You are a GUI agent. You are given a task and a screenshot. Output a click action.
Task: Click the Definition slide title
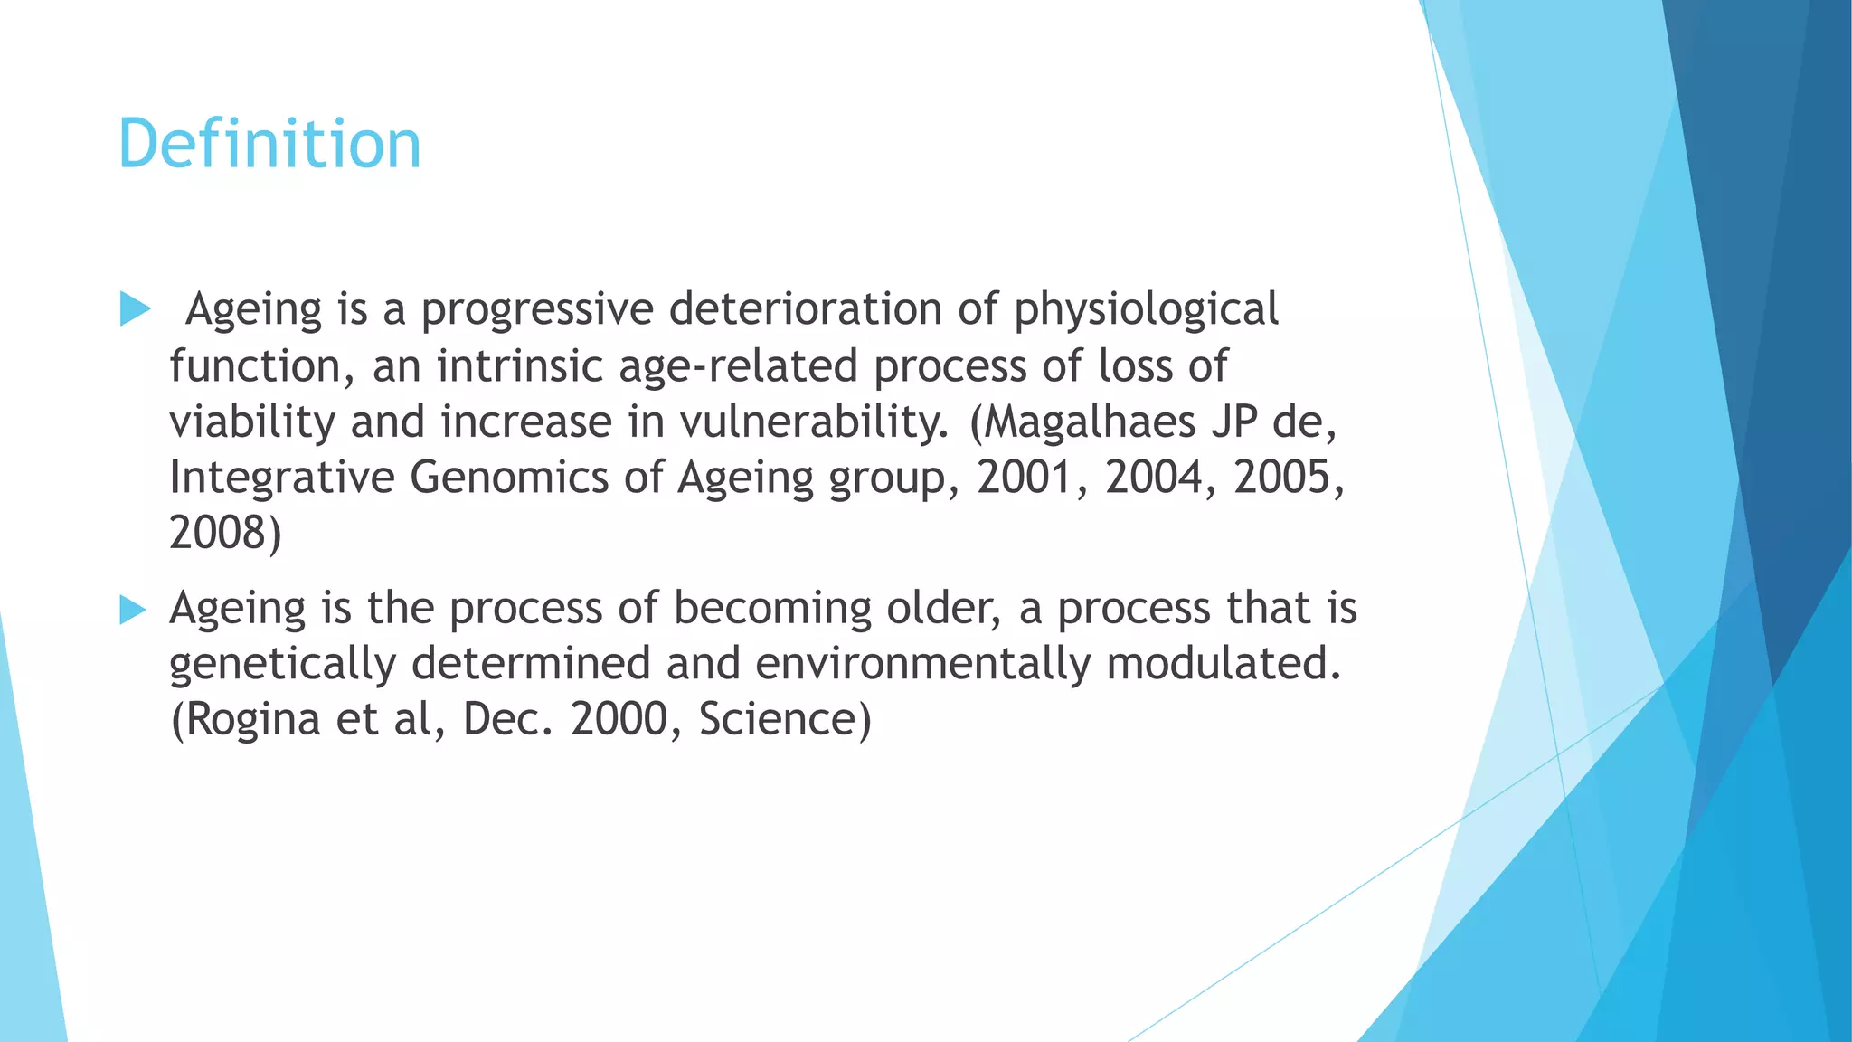click(x=269, y=145)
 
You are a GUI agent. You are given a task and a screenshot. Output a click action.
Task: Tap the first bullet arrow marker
click(x=135, y=309)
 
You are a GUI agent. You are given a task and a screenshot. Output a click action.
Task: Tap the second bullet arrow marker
click(x=133, y=610)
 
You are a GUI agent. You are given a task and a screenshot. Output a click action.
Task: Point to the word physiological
click(x=1145, y=311)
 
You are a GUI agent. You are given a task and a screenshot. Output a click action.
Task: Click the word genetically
click(x=282, y=665)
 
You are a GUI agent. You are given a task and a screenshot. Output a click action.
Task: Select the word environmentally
click(x=922, y=665)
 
